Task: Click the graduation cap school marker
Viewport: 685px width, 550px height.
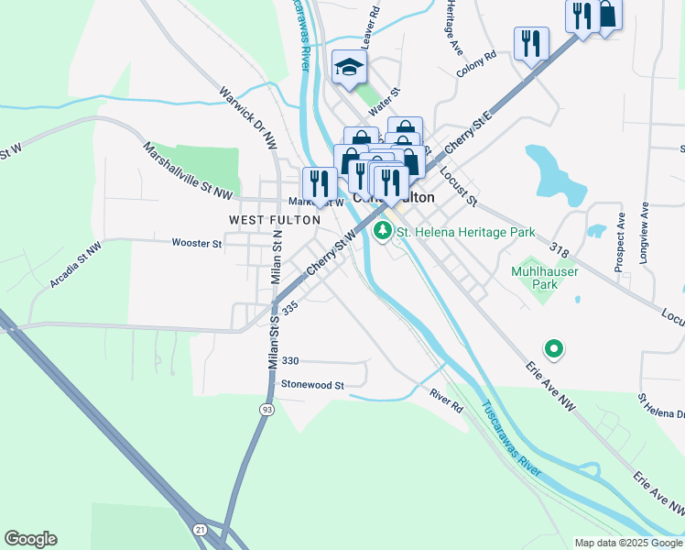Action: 349,66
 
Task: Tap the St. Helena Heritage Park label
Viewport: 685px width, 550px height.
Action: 464,233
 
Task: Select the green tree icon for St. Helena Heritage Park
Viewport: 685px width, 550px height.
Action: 382,233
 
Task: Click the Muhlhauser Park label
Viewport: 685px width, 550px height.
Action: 533,279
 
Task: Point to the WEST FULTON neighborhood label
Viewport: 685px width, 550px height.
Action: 275,220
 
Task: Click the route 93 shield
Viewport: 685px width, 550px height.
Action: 266,409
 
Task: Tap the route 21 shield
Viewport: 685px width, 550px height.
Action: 200,529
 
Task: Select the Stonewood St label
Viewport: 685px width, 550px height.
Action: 311,385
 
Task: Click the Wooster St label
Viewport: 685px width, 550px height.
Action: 197,243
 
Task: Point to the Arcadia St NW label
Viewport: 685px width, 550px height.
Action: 74,267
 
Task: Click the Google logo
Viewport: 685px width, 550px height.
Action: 30,539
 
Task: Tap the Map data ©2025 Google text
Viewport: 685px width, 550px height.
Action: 629,543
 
